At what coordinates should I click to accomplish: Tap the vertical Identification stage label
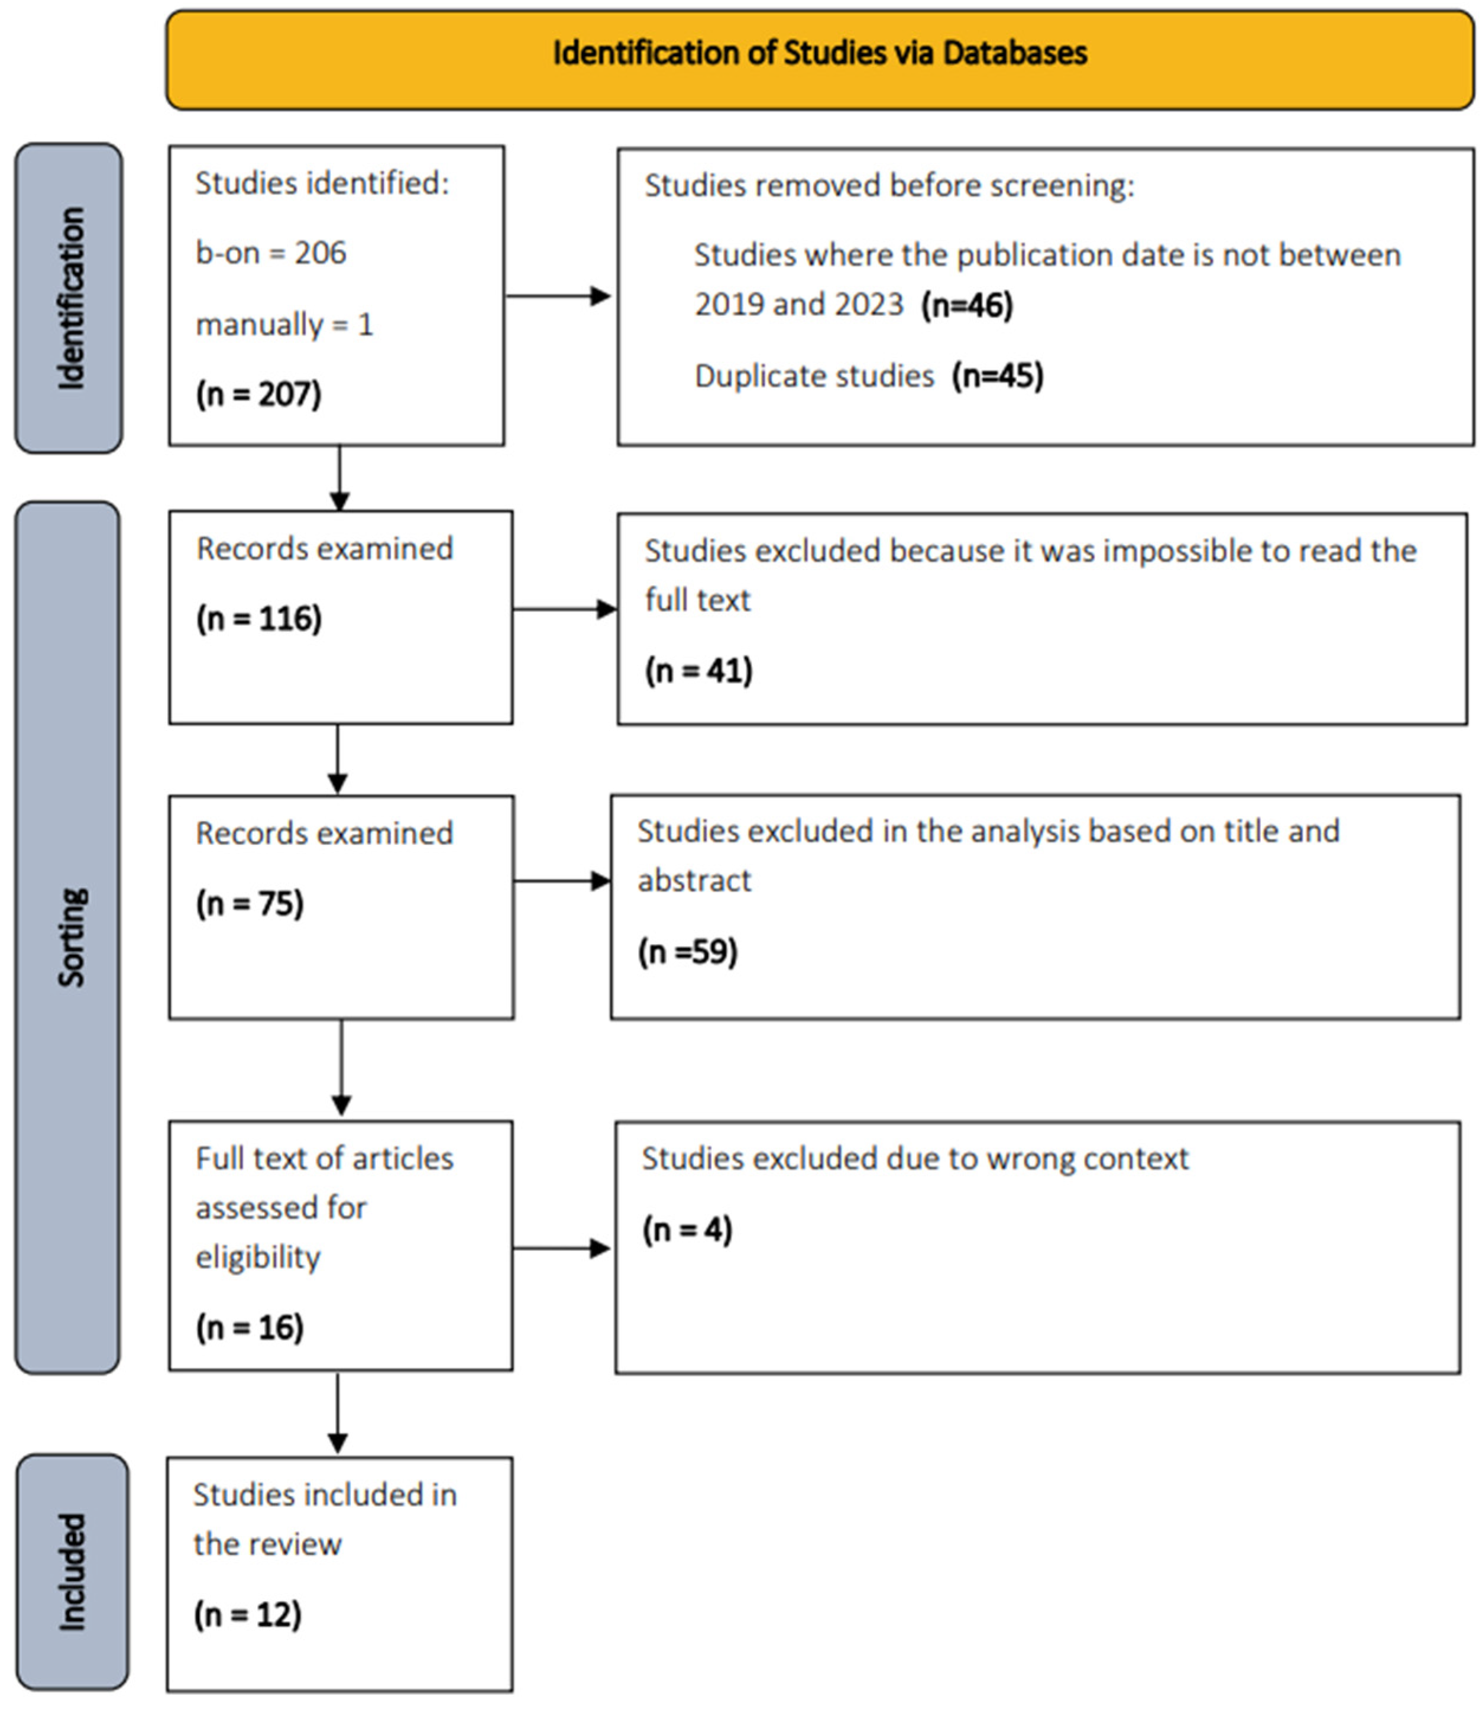pos(71,298)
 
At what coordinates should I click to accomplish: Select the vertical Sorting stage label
pos(71,938)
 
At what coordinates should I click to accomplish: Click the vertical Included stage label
pos(73,1572)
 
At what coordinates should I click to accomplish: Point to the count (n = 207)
pos(258,394)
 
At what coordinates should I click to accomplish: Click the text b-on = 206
pos(270,253)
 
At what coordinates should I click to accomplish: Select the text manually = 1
pos(284,324)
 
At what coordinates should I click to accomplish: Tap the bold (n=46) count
pos(967,305)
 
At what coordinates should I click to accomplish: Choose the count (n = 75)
pos(250,903)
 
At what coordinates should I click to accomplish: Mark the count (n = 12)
pos(247,1614)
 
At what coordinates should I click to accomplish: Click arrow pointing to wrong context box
pos(562,1249)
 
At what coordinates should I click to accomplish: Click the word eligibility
pos(257,1258)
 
